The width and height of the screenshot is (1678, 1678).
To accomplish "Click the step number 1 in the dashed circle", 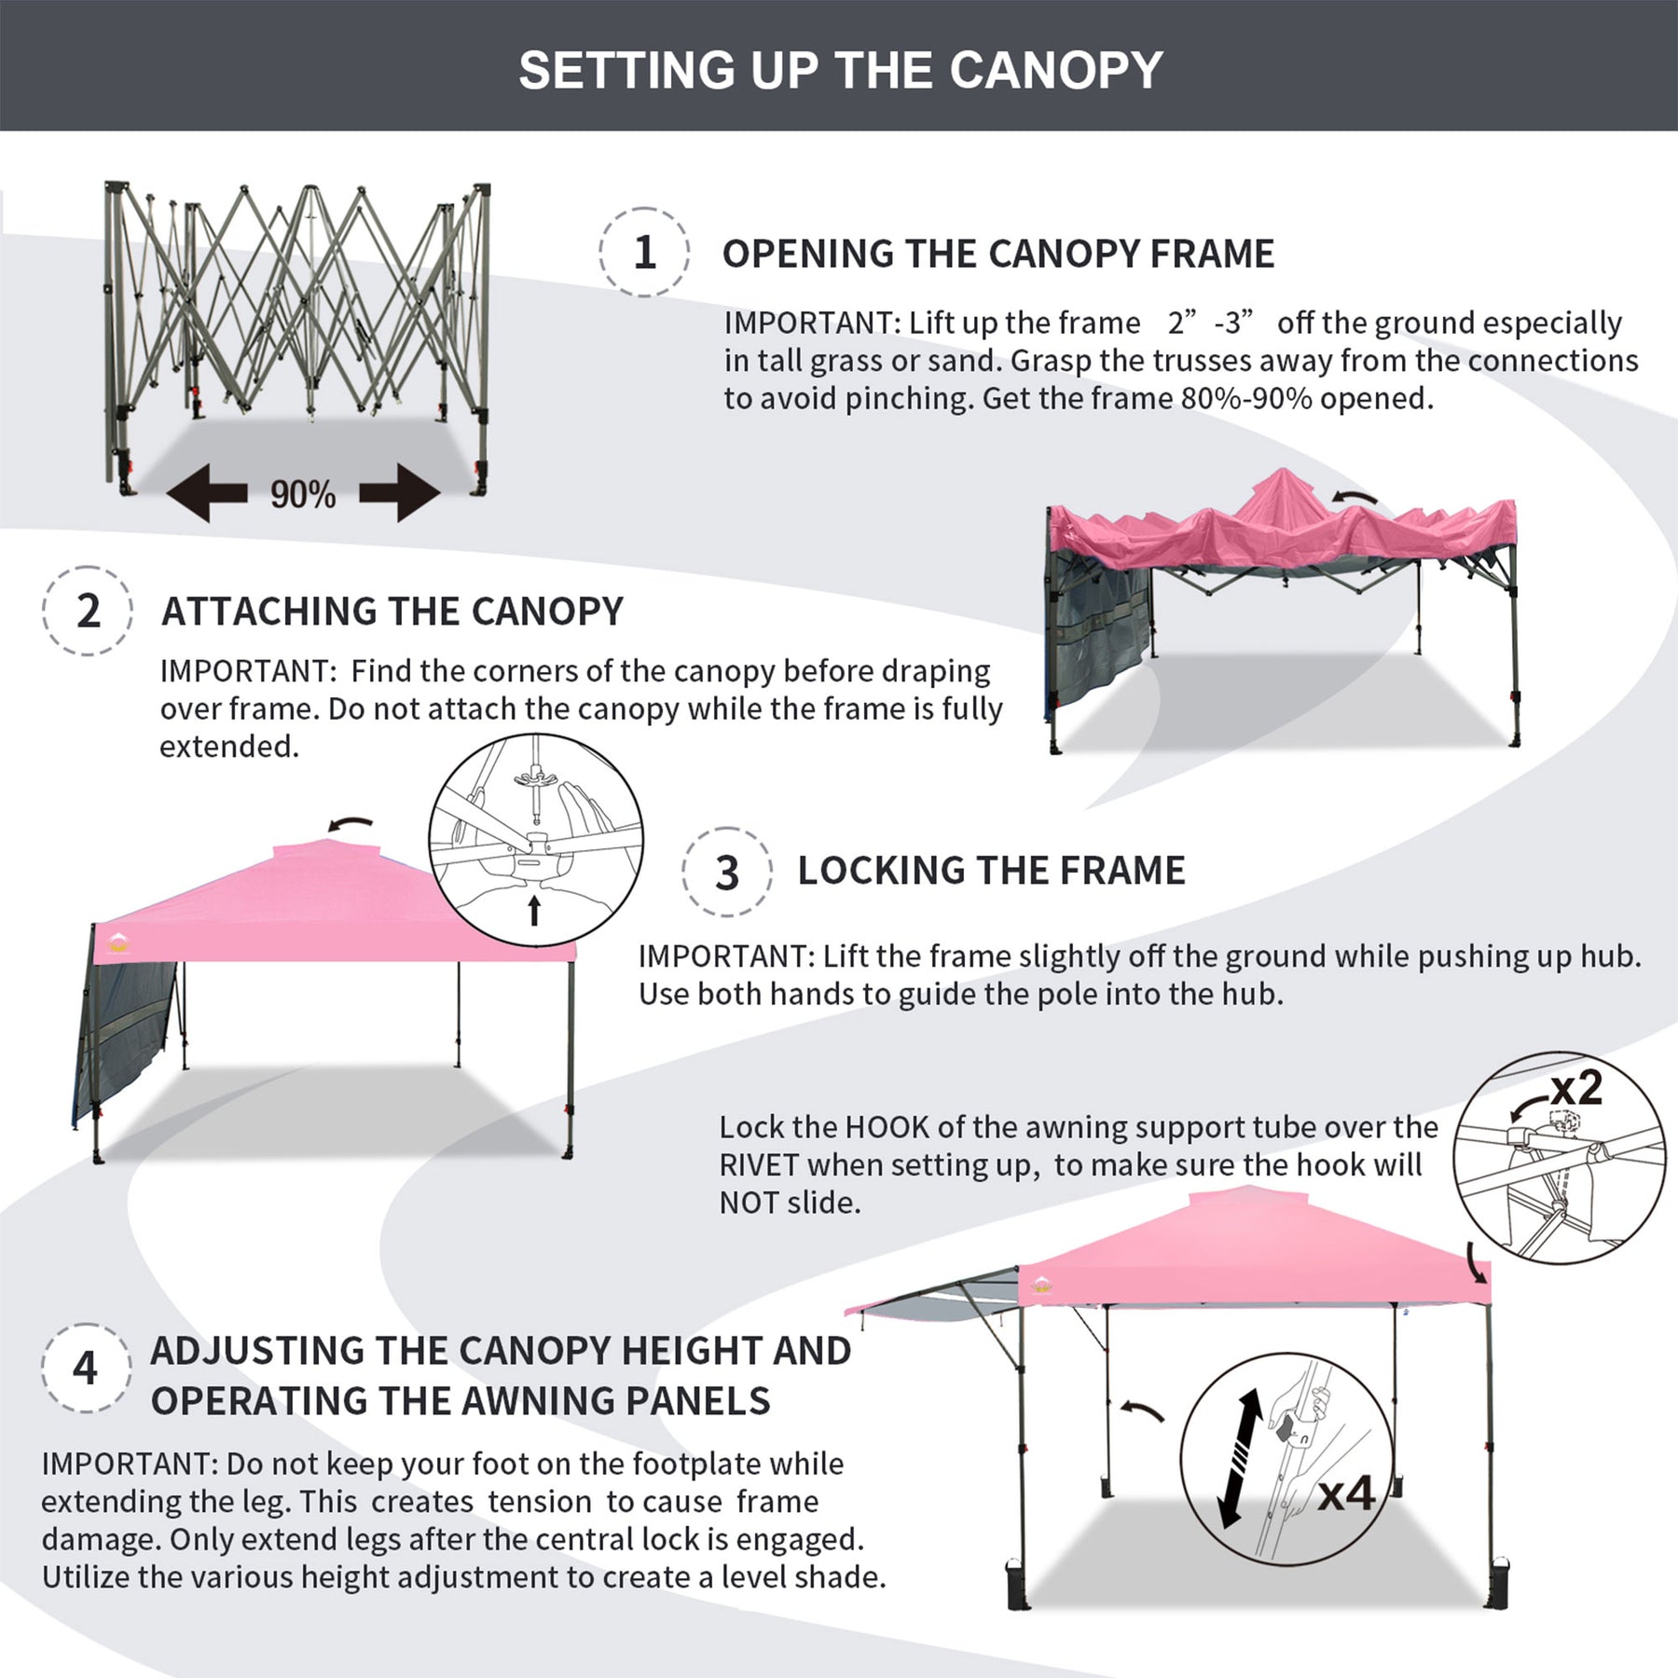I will point(644,253).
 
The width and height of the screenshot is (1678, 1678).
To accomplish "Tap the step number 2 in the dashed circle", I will point(89,612).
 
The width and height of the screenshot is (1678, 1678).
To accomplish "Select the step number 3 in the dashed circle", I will point(726,873).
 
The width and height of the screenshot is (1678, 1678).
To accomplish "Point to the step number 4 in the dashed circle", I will point(85,1369).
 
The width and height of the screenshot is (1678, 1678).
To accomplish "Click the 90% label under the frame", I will point(303,495).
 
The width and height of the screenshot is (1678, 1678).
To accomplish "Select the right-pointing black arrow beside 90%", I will point(400,492).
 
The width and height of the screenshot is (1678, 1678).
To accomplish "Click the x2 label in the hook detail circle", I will point(1575,1088).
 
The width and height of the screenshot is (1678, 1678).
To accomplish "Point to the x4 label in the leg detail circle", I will point(1347,1494).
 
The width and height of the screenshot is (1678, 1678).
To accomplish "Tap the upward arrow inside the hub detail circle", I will point(534,910).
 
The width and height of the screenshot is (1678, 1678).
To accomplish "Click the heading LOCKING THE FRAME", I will point(991,871).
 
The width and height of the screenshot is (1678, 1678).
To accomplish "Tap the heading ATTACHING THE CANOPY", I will point(392,612).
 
